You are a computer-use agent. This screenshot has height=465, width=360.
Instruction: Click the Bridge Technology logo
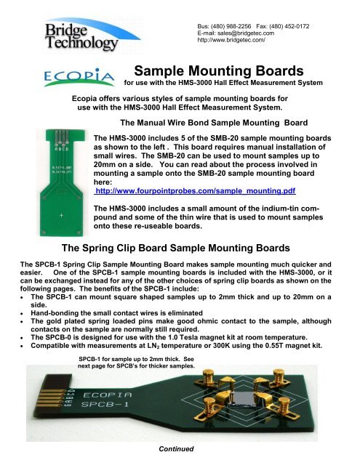pos(90,32)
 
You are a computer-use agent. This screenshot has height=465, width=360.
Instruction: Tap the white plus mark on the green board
pos(61,216)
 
